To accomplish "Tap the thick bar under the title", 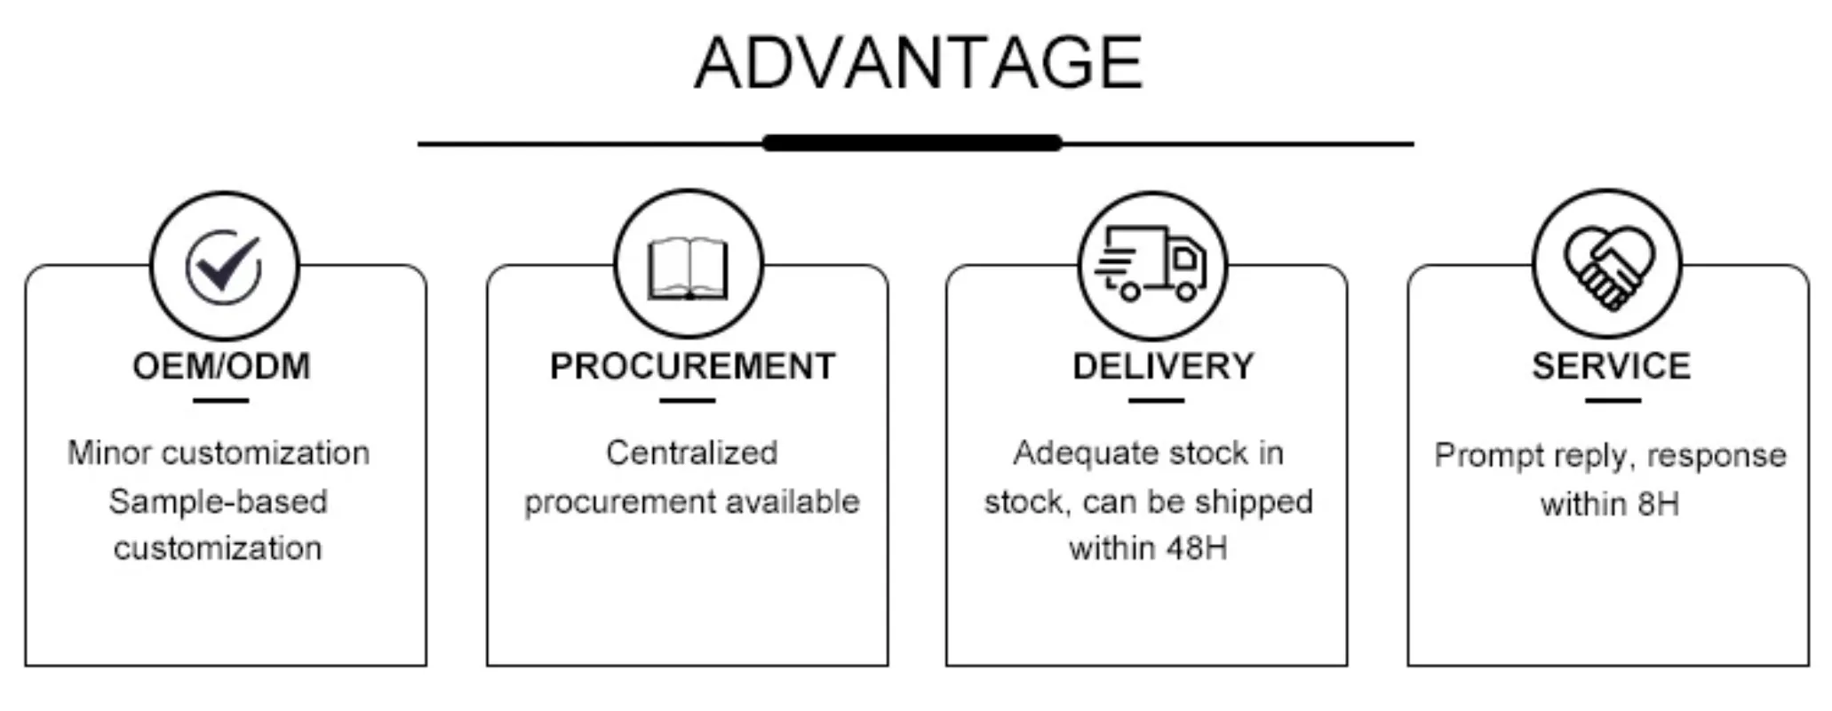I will [912, 143].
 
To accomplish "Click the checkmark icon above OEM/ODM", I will [224, 266].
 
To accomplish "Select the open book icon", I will [688, 268].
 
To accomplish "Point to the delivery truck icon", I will [1151, 264].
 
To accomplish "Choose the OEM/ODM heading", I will [221, 366].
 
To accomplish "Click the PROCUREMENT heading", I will [692, 366].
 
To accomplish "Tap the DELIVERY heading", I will [1163, 366].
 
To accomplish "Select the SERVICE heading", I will [1611, 366].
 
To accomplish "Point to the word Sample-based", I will [218, 502].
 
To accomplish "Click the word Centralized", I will [691, 453].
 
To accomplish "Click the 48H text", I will [1196, 548].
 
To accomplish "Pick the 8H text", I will [1657, 505].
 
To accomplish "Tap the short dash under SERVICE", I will [1613, 401].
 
